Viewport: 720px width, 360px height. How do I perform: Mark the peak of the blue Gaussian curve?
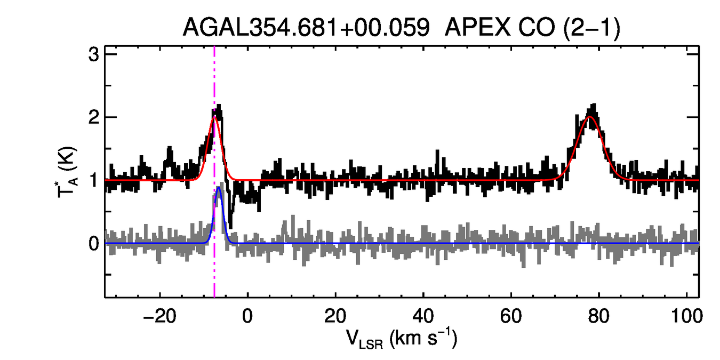[x=219, y=187]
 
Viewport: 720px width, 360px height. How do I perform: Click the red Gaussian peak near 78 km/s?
[x=590, y=117]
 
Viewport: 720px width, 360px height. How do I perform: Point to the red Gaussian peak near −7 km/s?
[x=215, y=117]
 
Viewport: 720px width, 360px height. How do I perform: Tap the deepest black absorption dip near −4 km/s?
[x=230, y=227]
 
